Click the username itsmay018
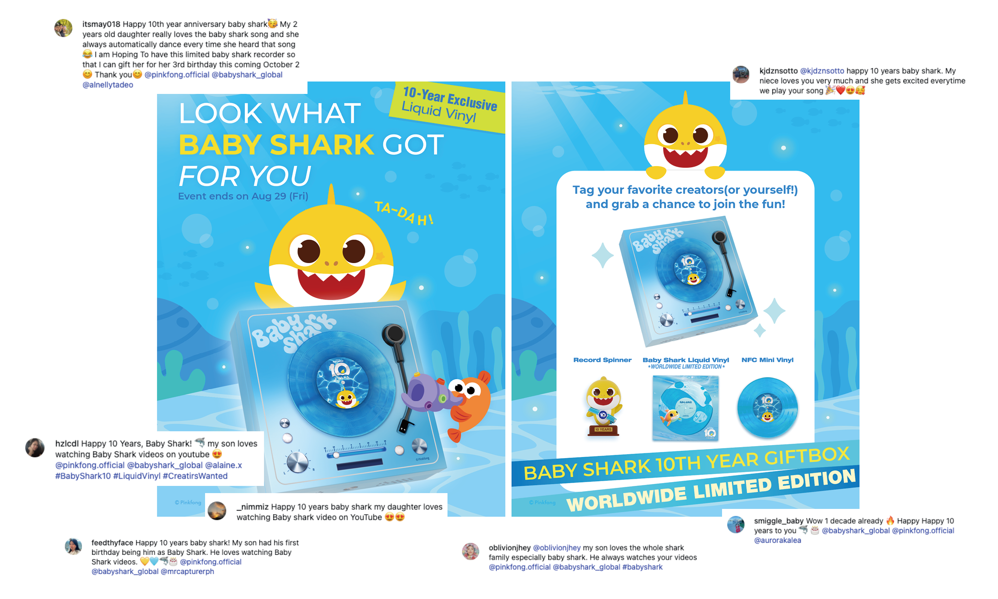coord(101,24)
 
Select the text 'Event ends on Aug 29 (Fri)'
coord(243,196)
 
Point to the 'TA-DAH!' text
coord(404,213)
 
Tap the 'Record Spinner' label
coord(602,360)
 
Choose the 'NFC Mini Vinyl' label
coord(768,360)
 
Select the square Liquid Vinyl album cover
coord(686,408)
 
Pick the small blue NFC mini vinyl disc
coord(768,408)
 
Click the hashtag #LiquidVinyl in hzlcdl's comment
coord(137,476)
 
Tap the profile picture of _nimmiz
coord(217,511)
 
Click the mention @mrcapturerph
coord(187,571)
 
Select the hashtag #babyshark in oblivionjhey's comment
coord(642,567)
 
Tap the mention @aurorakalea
coord(778,540)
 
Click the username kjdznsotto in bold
coord(779,71)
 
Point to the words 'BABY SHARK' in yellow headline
coord(276,145)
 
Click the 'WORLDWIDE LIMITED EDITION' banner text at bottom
coord(711,490)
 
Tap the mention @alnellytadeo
coord(108,85)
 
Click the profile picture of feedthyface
coord(73,547)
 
